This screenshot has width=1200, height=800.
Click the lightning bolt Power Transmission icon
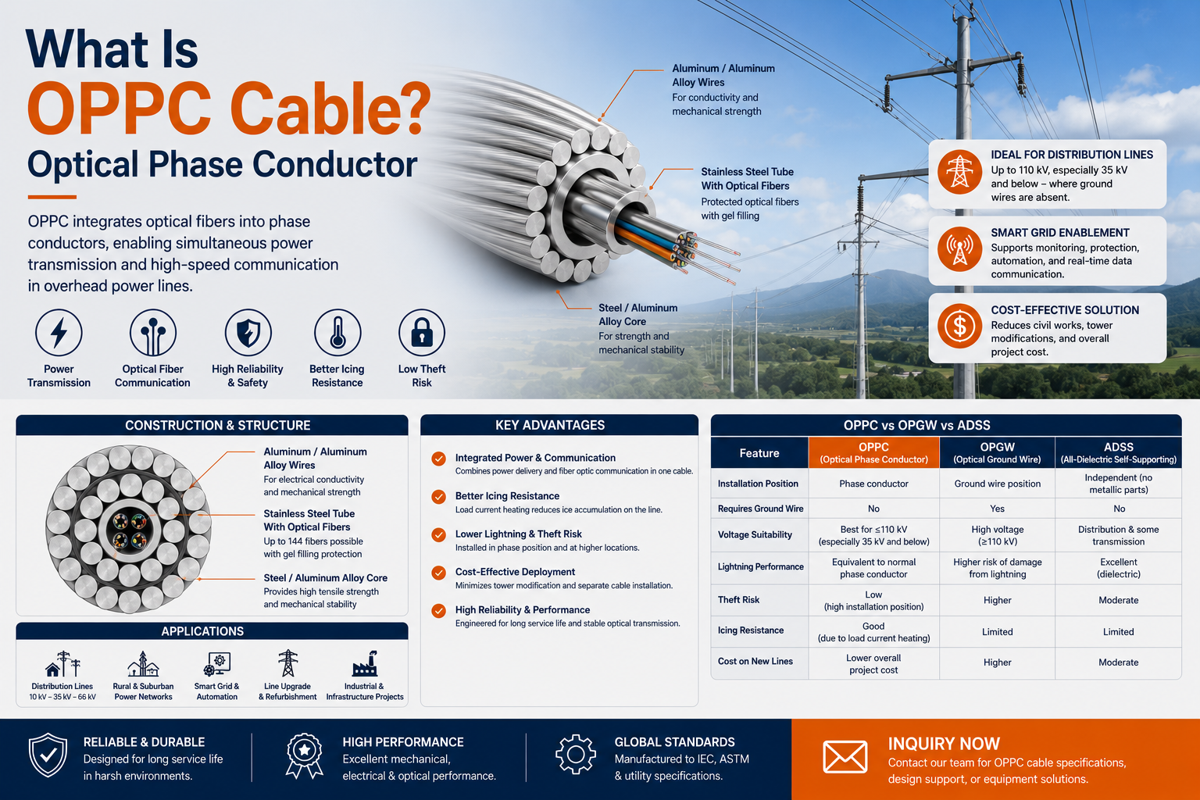point(59,332)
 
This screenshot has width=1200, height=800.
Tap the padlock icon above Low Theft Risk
point(422,332)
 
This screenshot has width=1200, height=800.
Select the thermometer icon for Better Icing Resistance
point(337,332)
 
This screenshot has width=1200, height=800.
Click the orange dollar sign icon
point(959,327)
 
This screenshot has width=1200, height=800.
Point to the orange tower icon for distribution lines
point(959,172)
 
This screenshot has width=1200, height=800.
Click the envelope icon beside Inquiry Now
point(845,756)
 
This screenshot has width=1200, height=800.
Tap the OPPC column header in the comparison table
point(873,453)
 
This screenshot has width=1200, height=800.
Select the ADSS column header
point(1118,453)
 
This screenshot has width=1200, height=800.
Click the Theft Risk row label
point(739,599)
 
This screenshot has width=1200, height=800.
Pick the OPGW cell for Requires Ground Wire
point(997,509)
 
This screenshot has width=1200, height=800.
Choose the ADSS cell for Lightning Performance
point(1118,568)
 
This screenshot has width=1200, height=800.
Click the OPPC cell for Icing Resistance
point(873,632)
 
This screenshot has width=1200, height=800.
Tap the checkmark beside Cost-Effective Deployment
point(439,573)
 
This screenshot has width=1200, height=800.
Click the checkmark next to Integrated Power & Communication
point(439,459)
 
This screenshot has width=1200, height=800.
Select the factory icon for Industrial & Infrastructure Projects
point(365,663)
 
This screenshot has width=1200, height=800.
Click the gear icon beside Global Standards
point(575,755)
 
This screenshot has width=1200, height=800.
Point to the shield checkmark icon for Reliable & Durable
point(48,755)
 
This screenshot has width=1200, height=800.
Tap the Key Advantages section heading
point(550,425)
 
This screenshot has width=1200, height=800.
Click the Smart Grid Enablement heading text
point(1059,233)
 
